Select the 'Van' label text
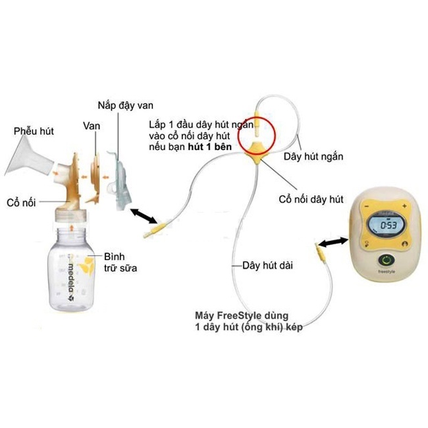(92, 124)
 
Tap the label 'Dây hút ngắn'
(313, 157)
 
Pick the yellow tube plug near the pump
(319, 252)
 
